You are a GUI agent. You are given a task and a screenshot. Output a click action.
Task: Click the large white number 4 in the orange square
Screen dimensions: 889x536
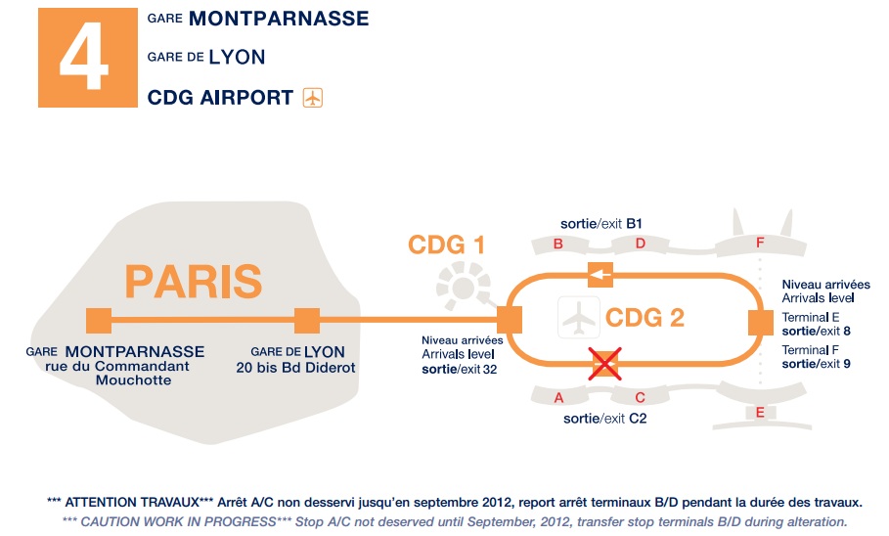[x=84, y=56]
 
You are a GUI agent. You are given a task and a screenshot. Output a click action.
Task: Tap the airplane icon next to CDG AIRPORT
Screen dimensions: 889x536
[x=312, y=98]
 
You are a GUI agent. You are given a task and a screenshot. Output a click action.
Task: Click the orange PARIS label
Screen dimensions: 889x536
[x=194, y=282]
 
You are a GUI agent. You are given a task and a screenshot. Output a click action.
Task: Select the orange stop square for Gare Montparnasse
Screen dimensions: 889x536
[x=99, y=321]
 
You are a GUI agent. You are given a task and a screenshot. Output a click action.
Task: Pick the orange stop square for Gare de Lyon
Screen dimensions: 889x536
[x=307, y=321]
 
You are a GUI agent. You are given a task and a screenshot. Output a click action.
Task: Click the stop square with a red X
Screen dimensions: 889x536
[x=605, y=364]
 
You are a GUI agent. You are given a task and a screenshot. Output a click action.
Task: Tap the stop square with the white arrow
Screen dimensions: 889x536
[x=600, y=276]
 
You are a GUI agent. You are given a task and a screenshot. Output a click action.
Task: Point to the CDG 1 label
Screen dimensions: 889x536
[x=447, y=246]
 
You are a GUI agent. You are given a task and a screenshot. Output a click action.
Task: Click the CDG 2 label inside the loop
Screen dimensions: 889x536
[x=645, y=318]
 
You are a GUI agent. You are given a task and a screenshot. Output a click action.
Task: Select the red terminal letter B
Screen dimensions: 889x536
[x=558, y=244]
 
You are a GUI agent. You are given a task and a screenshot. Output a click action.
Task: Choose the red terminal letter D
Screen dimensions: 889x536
[x=641, y=244]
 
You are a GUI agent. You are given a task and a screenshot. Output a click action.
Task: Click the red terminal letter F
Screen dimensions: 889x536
[x=760, y=243]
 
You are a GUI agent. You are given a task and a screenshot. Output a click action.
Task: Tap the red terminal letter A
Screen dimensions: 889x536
[x=559, y=398]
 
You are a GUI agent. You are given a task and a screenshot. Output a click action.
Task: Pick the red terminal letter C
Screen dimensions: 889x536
[x=641, y=398]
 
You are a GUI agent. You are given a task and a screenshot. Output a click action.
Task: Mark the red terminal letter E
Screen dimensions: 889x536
[x=760, y=413]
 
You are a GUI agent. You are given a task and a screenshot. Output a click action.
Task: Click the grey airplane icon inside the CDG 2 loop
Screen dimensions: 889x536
[x=579, y=318]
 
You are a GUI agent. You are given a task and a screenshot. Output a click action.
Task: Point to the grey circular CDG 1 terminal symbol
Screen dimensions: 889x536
[x=464, y=287]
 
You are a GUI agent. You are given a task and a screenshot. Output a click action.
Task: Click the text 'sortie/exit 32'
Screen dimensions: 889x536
[x=460, y=370]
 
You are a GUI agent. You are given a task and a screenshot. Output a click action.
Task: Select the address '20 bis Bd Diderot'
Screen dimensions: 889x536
[x=296, y=368]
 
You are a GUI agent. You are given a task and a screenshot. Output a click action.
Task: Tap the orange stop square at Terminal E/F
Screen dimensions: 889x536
[x=761, y=323]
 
